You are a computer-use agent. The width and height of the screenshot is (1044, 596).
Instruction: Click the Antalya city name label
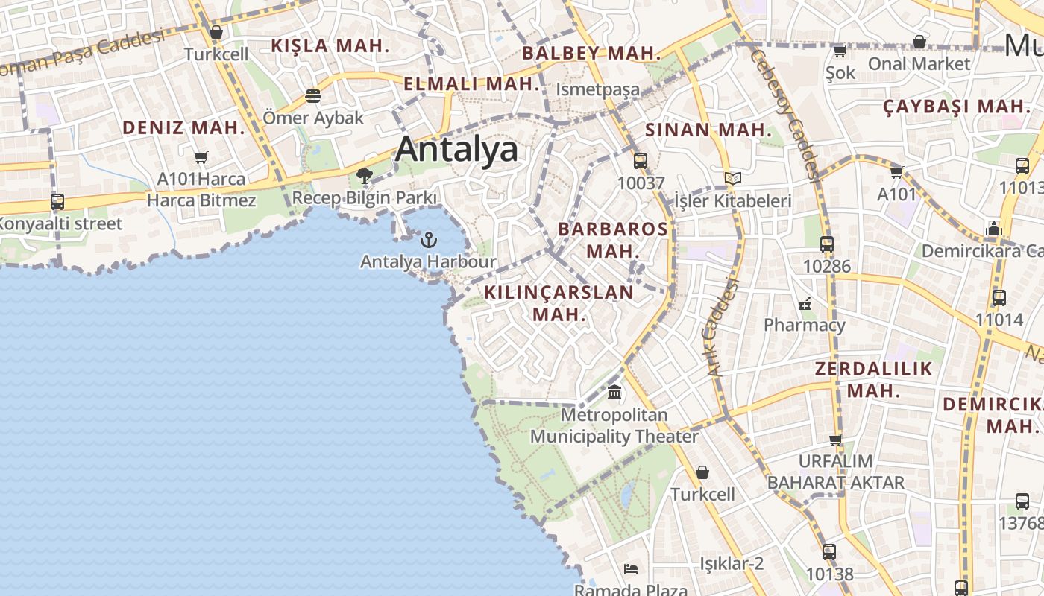click(456, 150)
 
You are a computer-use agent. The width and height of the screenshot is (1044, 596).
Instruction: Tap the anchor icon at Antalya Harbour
click(428, 239)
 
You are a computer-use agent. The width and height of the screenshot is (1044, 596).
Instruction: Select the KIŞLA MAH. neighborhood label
click(330, 45)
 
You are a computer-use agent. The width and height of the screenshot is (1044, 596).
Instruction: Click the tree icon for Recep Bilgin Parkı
click(365, 176)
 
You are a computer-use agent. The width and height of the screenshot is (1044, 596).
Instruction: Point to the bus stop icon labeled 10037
click(640, 160)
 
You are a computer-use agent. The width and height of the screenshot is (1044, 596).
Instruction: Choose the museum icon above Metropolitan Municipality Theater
click(614, 392)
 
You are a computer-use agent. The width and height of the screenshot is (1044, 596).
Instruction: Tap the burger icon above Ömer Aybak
click(312, 96)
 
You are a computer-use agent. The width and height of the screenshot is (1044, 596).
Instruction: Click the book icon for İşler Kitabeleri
click(733, 178)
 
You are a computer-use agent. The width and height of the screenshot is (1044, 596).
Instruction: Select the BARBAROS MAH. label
click(613, 239)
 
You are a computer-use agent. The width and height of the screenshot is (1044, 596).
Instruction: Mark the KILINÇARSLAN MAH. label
click(559, 302)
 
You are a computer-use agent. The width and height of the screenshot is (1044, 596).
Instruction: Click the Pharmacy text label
click(804, 325)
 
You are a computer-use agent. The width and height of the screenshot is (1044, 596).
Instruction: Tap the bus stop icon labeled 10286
click(826, 244)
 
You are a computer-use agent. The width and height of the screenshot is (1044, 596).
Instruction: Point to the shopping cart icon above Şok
click(840, 51)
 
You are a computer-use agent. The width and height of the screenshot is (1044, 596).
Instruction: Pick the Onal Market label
click(919, 64)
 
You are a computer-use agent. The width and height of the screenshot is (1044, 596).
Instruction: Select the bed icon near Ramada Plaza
click(631, 569)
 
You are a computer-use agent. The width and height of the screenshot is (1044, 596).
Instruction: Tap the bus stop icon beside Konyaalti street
click(57, 201)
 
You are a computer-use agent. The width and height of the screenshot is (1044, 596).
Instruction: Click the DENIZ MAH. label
click(183, 127)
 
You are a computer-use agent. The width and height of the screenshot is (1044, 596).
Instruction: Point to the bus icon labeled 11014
click(999, 298)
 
